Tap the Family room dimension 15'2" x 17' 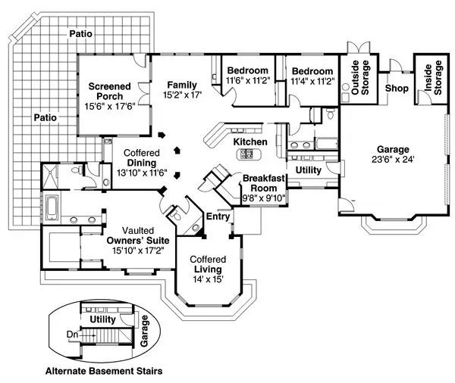pos(182,95)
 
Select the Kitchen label pos(249,142)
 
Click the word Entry pos(218,216)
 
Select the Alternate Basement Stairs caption pos(103,371)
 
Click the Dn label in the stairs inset pos(72,334)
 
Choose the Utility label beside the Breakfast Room pos(308,170)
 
